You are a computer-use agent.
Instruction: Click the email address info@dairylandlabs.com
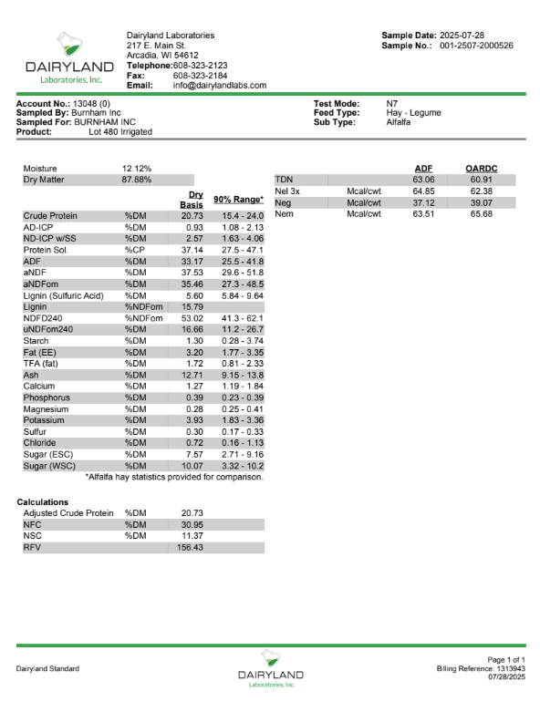click(x=219, y=85)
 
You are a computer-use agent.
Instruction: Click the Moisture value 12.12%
click(x=137, y=169)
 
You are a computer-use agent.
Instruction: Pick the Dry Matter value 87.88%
click(x=137, y=180)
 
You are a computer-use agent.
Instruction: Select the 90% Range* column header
click(x=238, y=200)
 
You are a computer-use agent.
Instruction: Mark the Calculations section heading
click(x=43, y=501)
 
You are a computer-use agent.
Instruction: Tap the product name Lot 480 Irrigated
click(x=120, y=131)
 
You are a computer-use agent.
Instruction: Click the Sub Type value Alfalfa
click(x=400, y=121)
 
